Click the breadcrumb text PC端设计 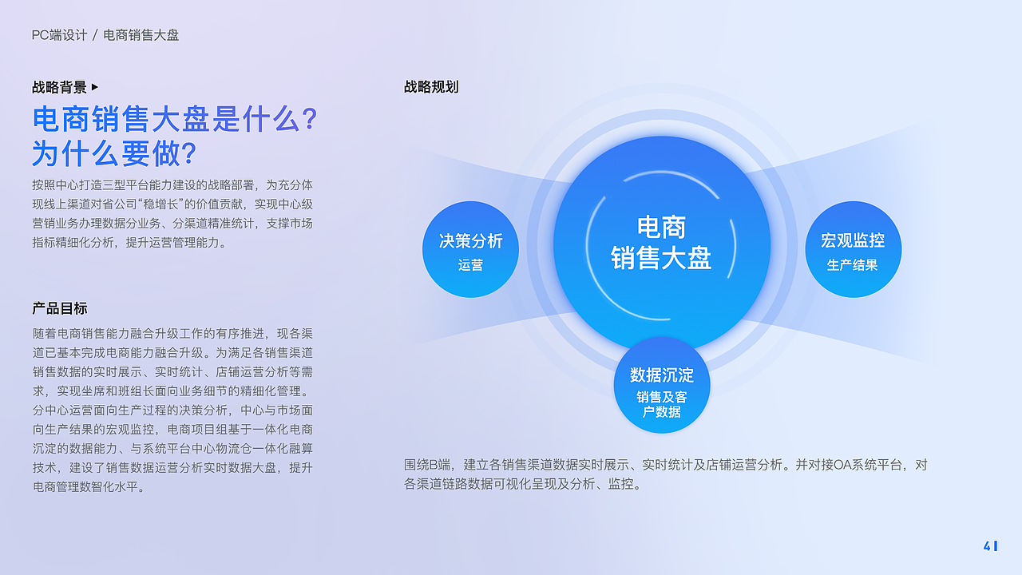tap(59, 35)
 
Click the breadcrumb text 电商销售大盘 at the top tap(141, 35)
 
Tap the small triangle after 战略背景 tap(95, 87)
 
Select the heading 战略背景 tap(59, 87)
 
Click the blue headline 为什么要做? tap(114, 153)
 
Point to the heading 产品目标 tap(59, 308)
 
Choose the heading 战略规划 tap(431, 87)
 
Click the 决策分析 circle tap(470, 250)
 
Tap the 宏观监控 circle tap(853, 250)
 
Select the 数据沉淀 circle tap(661, 386)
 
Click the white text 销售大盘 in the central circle tap(661, 258)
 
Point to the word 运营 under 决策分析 tap(470, 265)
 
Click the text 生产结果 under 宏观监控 tap(852, 265)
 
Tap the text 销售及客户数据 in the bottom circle tap(661, 404)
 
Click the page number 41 tap(990, 546)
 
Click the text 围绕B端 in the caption tap(428, 465)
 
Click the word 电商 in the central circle tap(661, 228)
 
